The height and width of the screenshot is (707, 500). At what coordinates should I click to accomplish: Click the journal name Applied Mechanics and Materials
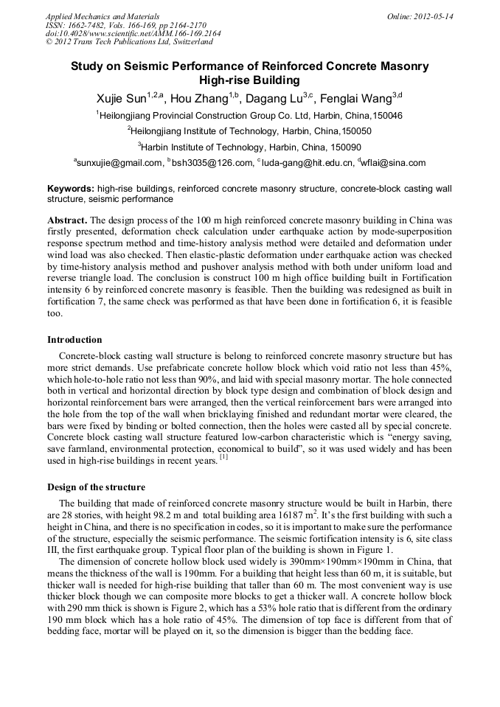pos(102,16)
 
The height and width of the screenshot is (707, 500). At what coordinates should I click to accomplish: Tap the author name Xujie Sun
pos(121,99)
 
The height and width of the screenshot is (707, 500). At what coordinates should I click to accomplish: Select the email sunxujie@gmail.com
pos(119,163)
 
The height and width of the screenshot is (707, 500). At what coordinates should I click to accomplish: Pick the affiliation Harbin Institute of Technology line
pos(249,147)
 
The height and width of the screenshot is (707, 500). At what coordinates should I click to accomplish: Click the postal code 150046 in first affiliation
pos(386,116)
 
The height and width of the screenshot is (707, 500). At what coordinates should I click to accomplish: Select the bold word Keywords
pos(70,189)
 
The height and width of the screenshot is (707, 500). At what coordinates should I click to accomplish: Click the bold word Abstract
pos(67,220)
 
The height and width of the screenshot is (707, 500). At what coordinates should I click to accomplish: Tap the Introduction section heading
pos(74,340)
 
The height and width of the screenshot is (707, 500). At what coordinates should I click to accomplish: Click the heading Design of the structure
pos(96,487)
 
